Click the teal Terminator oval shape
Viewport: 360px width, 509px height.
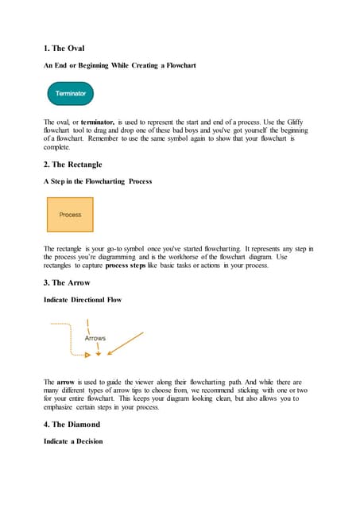coord(71,94)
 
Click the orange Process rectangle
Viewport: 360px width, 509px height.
coord(70,215)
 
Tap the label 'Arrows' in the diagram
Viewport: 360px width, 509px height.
coord(95,338)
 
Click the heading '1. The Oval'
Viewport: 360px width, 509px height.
coord(64,49)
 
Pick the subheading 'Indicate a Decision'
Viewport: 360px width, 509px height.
coord(73,441)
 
